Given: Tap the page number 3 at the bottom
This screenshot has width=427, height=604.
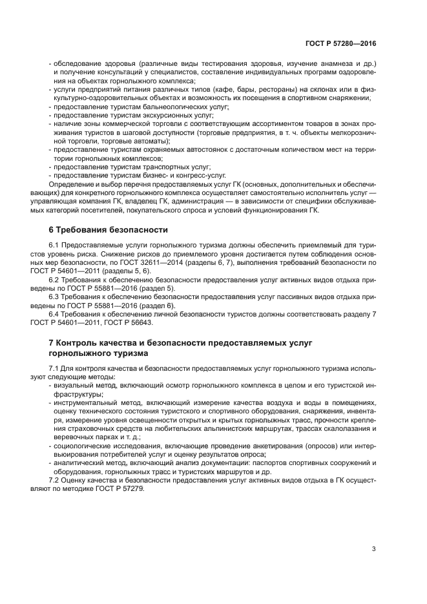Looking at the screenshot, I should (x=373, y=549).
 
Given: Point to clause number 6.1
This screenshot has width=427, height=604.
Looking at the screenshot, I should (x=55, y=246).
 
